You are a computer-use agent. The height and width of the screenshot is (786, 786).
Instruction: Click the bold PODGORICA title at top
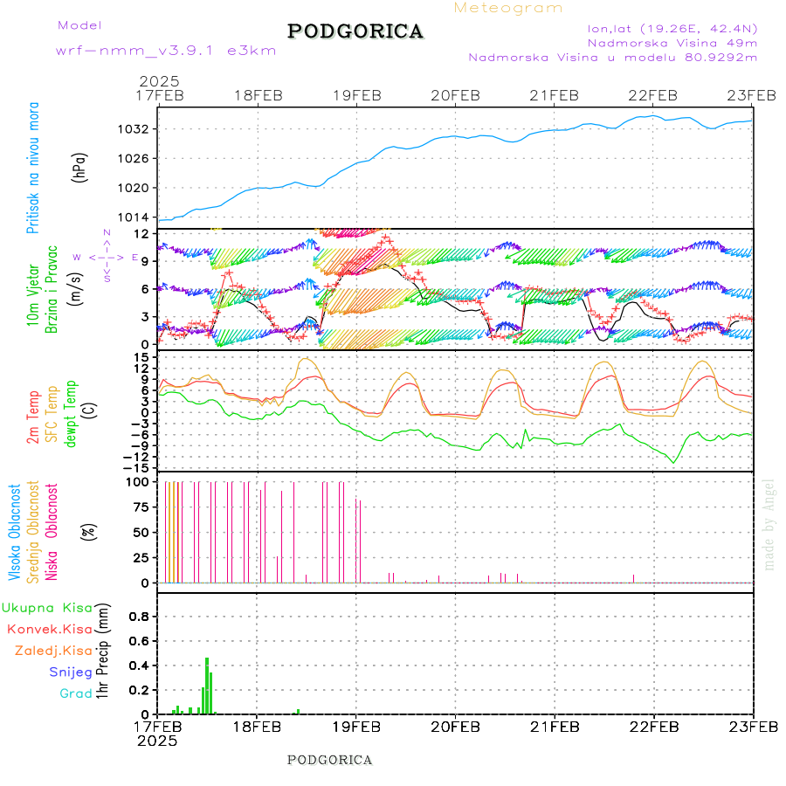(355, 31)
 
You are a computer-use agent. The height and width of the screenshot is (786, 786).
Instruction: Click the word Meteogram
(509, 8)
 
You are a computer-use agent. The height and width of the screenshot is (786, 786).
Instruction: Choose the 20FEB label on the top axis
(456, 95)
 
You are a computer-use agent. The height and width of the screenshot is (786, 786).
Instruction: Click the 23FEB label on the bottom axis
(753, 726)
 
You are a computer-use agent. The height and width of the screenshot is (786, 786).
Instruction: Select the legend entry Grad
(76, 693)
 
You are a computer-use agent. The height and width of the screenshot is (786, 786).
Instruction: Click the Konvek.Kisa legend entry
(49, 629)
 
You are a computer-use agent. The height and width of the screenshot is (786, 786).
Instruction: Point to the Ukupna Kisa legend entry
(47, 607)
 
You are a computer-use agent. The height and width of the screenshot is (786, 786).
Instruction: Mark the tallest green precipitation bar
(207, 686)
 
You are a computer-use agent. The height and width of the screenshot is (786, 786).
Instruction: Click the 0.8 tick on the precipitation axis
(140, 617)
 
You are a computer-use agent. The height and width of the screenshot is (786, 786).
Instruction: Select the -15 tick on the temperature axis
(138, 467)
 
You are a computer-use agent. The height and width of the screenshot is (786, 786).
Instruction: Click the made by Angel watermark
(769, 524)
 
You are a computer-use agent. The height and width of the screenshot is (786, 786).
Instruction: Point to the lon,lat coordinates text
(672, 28)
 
